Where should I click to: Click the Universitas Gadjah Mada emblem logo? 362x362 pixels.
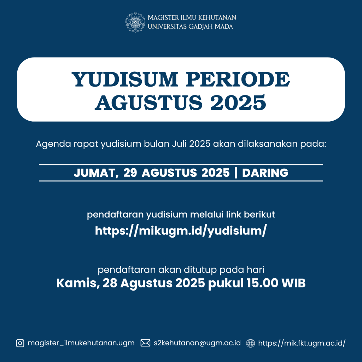pos(135,22)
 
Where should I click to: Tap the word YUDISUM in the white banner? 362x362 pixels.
pos(125,79)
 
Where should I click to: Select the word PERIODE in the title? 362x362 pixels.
pos(238,79)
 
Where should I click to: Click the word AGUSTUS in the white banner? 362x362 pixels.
pos(149,103)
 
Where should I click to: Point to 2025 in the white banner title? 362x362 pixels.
pos(238,103)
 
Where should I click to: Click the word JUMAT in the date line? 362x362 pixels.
pos(96,173)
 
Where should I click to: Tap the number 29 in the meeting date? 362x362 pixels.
pos(130,173)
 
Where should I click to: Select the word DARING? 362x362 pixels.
pos(265,173)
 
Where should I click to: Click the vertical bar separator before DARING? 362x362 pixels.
pos(236,173)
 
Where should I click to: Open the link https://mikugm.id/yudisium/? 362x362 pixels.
pos(181,230)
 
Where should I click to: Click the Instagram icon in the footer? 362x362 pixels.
pos(20,343)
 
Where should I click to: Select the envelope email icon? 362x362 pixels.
pos(145,343)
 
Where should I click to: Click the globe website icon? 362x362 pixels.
pos(251,343)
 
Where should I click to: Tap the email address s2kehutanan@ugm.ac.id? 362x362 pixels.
pos(197,343)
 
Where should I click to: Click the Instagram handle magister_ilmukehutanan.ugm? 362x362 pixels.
pos(81,343)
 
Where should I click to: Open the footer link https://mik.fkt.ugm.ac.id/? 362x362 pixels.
pos(302,343)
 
